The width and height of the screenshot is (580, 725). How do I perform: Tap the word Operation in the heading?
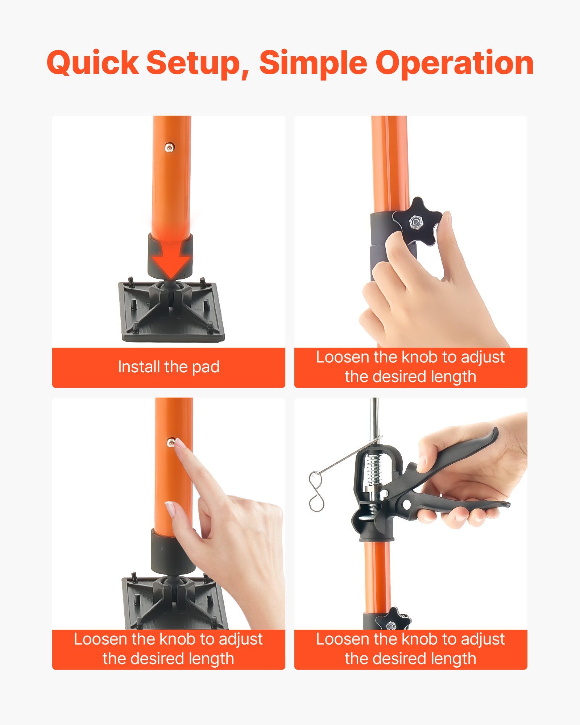[x=454, y=63]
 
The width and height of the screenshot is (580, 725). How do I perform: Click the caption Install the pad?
[x=169, y=367]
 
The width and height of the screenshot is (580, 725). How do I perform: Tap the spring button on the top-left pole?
[x=169, y=147]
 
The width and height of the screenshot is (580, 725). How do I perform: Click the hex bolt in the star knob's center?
[x=416, y=222]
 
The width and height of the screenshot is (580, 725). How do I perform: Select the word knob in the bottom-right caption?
[x=419, y=639]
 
